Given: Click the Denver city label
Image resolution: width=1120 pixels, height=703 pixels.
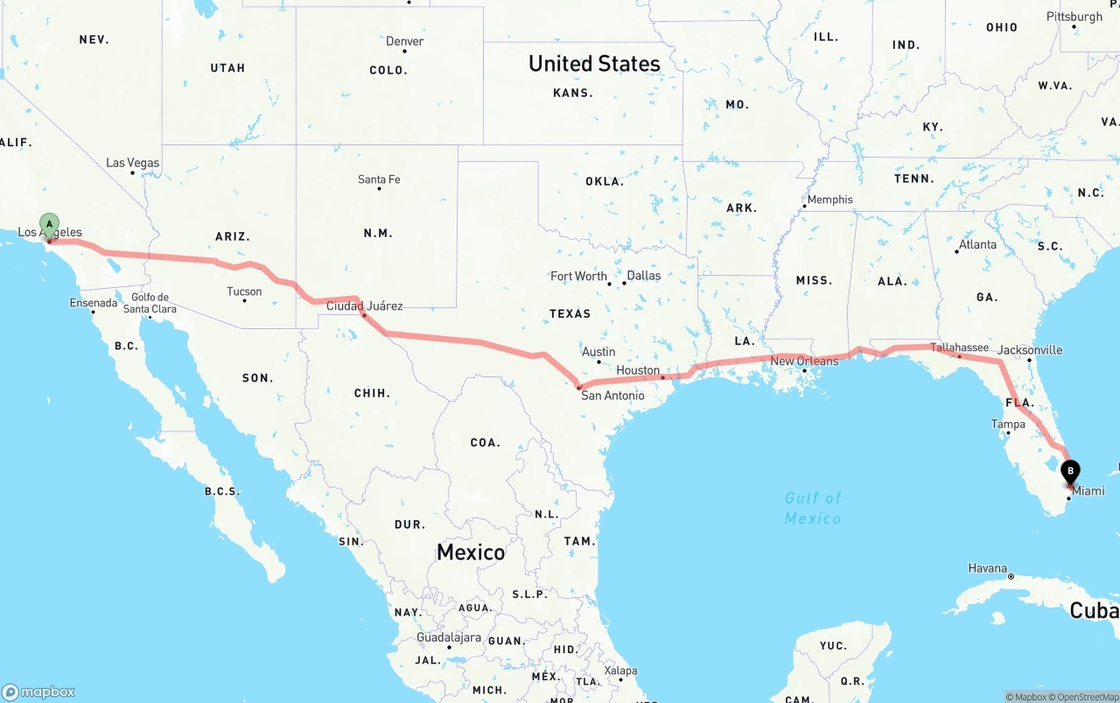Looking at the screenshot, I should tap(404, 41).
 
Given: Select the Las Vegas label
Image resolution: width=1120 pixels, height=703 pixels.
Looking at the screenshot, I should tap(132, 163).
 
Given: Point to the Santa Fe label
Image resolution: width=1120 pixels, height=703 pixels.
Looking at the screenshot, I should tap(379, 179).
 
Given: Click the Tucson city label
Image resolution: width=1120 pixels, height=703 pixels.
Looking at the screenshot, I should tap(244, 292).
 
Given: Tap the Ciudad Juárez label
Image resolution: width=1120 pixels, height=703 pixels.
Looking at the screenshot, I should tap(364, 306).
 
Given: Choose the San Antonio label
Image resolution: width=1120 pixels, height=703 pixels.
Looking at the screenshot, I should tap(612, 396).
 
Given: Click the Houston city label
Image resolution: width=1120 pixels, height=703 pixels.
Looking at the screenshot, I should tap(638, 370).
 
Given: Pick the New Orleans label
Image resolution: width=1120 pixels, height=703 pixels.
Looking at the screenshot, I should tap(804, 361).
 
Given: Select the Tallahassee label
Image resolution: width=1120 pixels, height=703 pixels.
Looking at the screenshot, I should tap(959, 348).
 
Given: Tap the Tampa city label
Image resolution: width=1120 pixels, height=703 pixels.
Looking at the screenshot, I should tap(1008, 425).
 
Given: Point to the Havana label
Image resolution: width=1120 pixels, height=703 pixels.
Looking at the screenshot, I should tap(988, 568).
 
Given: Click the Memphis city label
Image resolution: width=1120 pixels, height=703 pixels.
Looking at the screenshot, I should tap(829, 200).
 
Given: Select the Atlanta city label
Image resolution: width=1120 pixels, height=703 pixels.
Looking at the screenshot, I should tap(976, 245).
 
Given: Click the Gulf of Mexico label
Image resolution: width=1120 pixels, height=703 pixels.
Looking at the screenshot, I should tap(813, 508).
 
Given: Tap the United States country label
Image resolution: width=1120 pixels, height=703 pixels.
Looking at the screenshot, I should tap(594, 64).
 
